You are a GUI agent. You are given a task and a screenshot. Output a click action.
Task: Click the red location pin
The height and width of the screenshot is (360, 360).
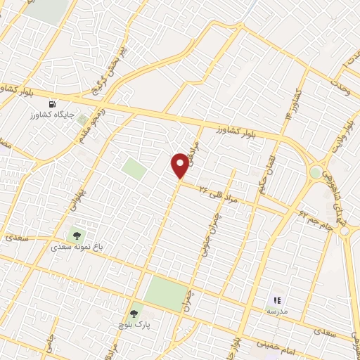[180, 165]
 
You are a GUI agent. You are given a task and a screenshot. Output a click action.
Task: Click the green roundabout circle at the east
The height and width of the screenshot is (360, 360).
[315, 172]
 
